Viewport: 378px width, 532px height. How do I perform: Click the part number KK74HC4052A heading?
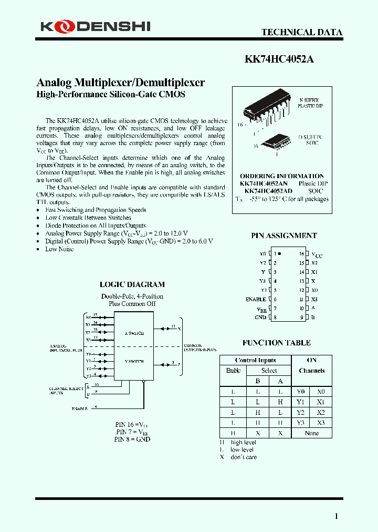click(279, 59)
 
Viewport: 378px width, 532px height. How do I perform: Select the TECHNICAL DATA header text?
click(302, 32)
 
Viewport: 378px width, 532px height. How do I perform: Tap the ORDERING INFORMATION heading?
click(282, 176)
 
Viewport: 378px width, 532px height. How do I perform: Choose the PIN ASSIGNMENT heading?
click(284, 236)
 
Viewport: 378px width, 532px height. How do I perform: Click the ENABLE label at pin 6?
click(256, 299)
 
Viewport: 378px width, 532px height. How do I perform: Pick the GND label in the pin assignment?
click(260, 318)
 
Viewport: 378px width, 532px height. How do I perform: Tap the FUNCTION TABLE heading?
click(276, 343)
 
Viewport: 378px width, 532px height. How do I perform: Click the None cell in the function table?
click(311, 433)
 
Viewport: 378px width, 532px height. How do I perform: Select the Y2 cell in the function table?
click(300, 413)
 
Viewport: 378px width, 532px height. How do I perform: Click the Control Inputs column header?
click(256, 360)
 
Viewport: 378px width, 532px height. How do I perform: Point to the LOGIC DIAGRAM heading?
click(132, 284)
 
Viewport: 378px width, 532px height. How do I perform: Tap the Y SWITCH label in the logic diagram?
click(134, 361)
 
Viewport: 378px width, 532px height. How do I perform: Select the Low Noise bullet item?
click(59, 249)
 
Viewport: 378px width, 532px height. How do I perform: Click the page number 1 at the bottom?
click(337, 516)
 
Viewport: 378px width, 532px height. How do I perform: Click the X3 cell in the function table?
click(321, 423)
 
